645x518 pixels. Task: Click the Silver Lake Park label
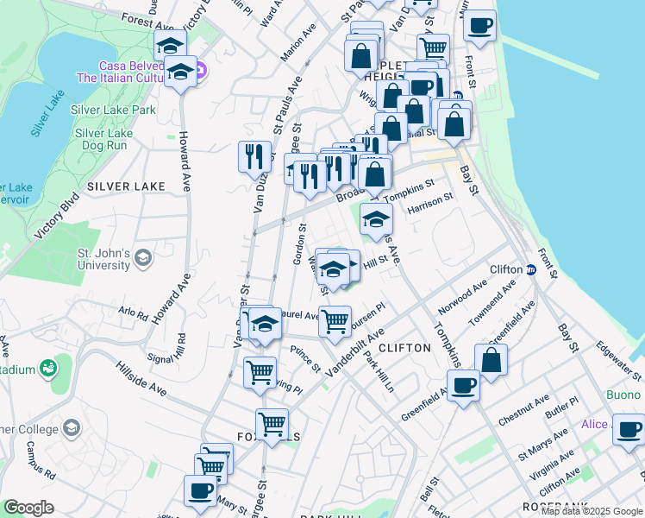pos(113,110)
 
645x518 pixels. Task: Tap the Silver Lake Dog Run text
pos(103,139)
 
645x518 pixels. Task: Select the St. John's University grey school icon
pos(143,256)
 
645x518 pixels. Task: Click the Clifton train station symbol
pos(531,270)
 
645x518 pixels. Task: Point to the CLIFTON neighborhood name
pos(404,347)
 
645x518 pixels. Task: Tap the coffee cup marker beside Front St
pos(480,26)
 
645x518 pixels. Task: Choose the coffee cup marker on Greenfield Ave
pos(463,386)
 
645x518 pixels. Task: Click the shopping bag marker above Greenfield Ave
pos(491,361)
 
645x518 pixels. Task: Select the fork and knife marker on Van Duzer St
pos(254,155)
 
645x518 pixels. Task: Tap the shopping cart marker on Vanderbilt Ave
pos(335,321)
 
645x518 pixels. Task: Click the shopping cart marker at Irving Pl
pos(260,373)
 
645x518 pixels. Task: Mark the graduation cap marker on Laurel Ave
pos(266,324)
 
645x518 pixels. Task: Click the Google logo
pos(28,508)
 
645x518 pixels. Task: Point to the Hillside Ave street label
pos(141,377)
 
